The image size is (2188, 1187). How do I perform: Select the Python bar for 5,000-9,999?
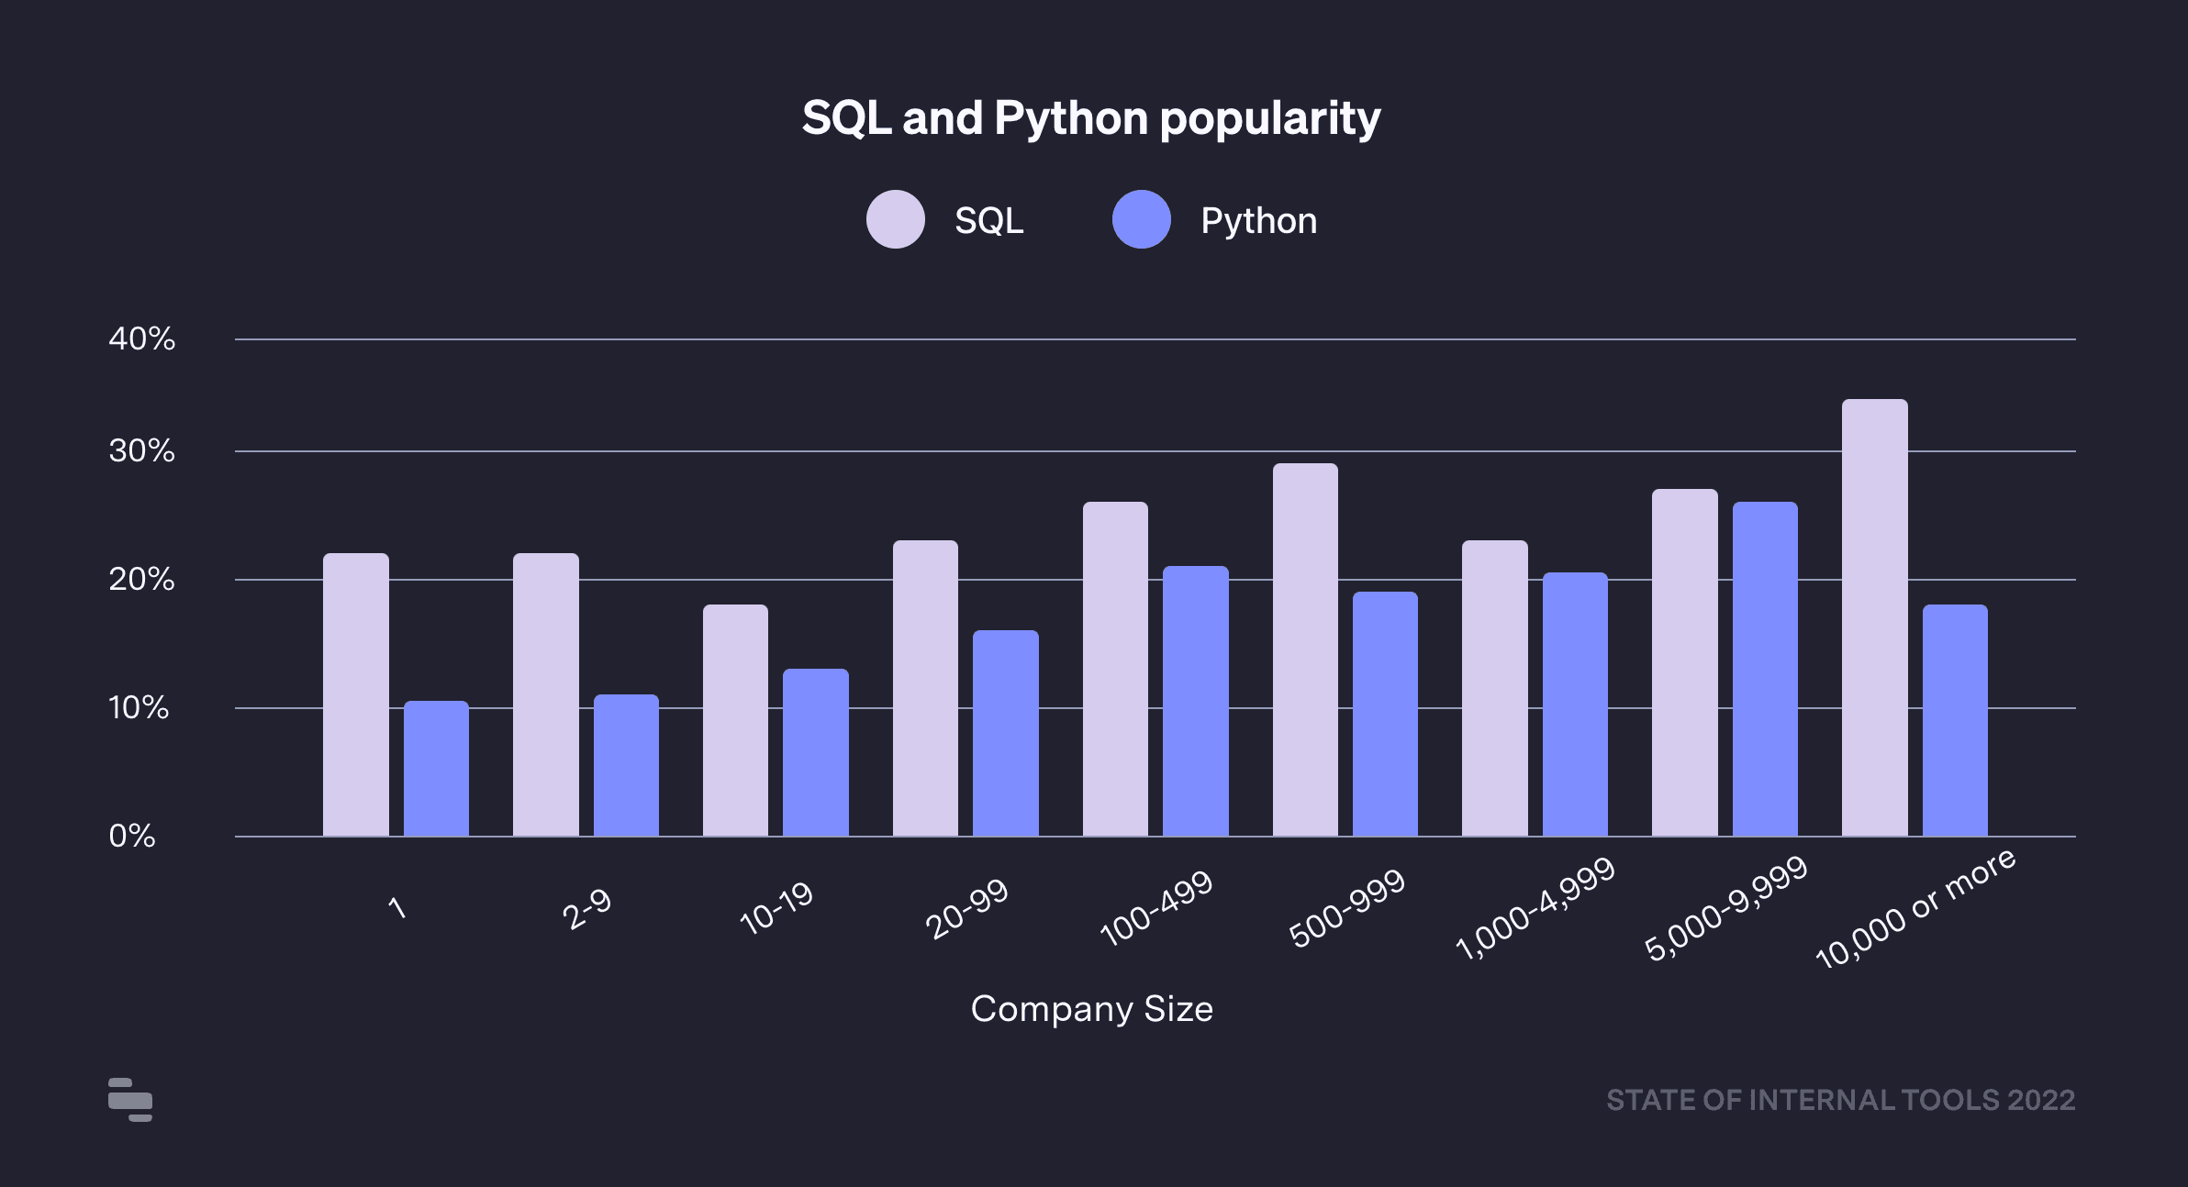click(1765, 669)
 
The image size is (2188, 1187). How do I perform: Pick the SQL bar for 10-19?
click(735, 720)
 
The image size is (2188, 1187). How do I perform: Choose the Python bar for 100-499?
click(1195, 701)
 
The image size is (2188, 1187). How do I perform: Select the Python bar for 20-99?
click(1005, 733)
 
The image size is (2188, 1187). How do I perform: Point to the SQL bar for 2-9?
click(545, 694)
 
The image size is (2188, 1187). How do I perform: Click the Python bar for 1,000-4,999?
click(1575, 704)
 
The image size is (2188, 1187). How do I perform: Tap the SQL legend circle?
click(895, 219)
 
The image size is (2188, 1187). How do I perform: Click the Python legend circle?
click(1141, 219)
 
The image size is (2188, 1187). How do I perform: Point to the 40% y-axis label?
click(141, 338)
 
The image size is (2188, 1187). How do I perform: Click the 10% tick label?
click(139, 707)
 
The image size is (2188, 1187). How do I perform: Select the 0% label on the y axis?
click(132, 836)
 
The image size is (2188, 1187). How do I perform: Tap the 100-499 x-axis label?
click(1156, 907)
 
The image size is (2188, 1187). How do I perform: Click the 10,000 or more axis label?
click(1915, 908)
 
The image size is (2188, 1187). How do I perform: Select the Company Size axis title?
click(1091, 1009)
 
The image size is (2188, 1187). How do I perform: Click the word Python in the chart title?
click(1070, 118)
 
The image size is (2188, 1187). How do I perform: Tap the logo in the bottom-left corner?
click(130, 1099)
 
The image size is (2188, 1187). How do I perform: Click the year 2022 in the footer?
click(2041, 1100)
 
